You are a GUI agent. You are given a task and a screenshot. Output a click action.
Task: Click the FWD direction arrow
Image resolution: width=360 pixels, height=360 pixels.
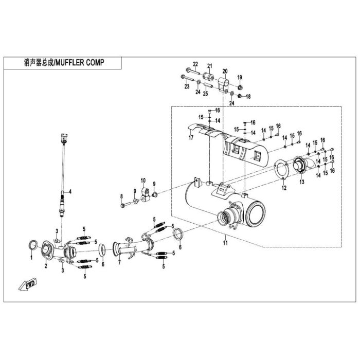pyautogui.click(x=28, y=284)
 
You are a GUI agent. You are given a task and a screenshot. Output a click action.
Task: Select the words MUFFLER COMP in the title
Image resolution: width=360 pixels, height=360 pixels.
pyautogui.click(x=80, y=62)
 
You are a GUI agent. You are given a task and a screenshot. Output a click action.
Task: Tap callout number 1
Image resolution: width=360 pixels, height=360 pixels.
pyautogui.click(x=31, y=258)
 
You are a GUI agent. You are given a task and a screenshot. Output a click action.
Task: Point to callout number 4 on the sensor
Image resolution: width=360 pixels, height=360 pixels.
pyautogui.click(x=70, y=191)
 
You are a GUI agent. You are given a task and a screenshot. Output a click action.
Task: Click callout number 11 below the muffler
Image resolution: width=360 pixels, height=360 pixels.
pyautogui.click(x=225, y=243)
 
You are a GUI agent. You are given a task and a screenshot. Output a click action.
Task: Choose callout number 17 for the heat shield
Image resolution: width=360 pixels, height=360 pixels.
pyautogui.click(x=191, y=137)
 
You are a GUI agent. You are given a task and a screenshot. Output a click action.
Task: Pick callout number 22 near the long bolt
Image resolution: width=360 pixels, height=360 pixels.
pyautogui.click(x=195, y=64)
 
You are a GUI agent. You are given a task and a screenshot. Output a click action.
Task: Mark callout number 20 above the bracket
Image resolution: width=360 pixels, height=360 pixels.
pyautogui.click(x=225, y=71)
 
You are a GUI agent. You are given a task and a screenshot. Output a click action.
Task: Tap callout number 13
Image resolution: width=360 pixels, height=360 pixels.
pyautogui.click(x=302, y=182)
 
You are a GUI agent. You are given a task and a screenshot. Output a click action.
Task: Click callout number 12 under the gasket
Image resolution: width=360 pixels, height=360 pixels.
pyautogui.click(x=284, y=188)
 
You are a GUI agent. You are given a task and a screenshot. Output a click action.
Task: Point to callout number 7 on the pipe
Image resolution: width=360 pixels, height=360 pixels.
pyautogui.click(x=119, y=262)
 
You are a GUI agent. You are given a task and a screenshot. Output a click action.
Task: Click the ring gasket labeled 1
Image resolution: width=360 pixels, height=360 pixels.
pyautogui.click(x=33, y=245)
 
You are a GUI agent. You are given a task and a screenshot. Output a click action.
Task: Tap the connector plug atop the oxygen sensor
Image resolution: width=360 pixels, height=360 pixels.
pyautogui.click(x=64, y=137)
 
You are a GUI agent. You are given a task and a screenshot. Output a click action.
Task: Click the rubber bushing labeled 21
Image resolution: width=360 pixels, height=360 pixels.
pyautogui.click(x=208, y=77)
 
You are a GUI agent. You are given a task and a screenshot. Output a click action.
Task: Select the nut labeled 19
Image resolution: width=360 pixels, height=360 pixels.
pyautogui.click(x=240, y=87)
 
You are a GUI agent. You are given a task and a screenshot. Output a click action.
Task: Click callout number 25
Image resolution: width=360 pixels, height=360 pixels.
pyautogui.click(x=206, y=94)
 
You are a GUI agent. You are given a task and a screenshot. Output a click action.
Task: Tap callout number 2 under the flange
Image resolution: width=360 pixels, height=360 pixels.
pyautogui.click(x=46, y=266)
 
